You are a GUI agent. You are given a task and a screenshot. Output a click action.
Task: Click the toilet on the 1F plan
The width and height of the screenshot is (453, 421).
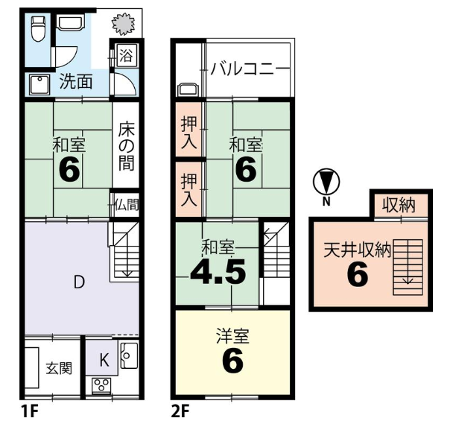38,28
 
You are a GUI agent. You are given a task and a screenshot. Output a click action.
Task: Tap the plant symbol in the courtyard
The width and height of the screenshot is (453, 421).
124,25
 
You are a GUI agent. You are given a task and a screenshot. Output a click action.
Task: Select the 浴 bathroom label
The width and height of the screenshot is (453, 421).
126,55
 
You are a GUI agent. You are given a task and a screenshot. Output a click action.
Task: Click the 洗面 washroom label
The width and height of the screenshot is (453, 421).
76,81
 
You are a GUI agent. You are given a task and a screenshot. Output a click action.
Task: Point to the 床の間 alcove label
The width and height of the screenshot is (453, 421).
126,148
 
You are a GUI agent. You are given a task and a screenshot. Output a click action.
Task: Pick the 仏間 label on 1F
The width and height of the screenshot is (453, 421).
127,204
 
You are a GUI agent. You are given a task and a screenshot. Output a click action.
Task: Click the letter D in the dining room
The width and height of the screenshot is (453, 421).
79,282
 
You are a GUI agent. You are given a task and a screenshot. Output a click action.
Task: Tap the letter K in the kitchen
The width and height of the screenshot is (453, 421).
104,360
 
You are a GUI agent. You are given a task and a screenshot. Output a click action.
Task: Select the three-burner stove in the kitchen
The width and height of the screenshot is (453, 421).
101,385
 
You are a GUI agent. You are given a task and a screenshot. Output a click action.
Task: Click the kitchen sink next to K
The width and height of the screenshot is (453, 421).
129,355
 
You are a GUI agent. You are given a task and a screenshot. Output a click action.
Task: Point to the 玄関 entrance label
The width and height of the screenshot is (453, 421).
59,369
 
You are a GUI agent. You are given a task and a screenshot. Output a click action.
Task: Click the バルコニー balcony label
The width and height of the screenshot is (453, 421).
242,69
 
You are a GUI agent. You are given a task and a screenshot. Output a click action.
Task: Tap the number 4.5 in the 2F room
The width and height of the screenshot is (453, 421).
218,271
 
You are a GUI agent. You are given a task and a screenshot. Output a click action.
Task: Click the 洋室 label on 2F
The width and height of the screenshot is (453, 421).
232,336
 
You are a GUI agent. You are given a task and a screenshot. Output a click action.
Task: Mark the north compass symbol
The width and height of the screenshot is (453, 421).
326,182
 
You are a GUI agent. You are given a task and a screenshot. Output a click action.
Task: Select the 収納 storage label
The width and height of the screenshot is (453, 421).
399,205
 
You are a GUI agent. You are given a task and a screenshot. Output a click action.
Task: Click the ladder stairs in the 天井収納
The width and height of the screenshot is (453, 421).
408,267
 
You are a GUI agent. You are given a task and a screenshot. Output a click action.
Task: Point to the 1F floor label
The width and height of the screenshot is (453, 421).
30,411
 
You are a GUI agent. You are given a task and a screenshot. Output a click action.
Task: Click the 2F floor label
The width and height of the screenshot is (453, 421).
180,411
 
